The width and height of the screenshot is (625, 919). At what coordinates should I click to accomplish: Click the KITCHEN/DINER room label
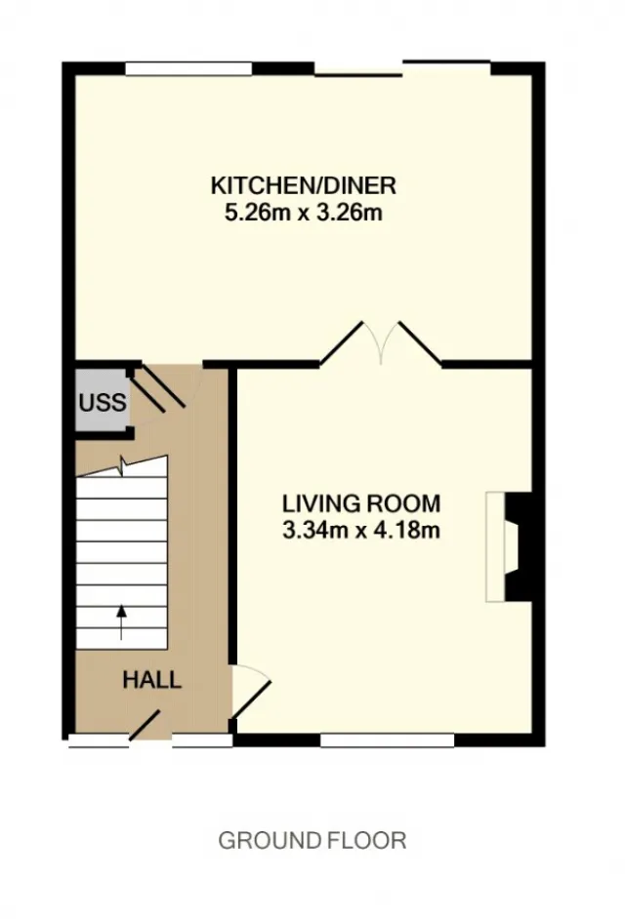click(304, 185)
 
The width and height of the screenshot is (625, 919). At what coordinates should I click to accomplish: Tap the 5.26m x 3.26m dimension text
click(304, 212)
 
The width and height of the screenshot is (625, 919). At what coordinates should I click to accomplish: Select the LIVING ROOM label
click(361, 503)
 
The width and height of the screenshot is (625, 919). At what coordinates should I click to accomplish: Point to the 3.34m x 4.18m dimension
click(361, 531)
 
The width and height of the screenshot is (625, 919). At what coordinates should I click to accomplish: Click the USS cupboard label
click(103, 403)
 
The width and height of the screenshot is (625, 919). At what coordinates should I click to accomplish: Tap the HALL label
click(152, 680)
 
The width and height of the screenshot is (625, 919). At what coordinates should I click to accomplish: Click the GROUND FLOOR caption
click(312, 840)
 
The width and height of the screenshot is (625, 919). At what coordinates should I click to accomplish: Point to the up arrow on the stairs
click(121, 622)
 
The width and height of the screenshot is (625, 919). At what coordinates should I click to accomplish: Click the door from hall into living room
click(252, 692)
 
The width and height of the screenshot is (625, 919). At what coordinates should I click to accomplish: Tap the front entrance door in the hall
click(145, 726)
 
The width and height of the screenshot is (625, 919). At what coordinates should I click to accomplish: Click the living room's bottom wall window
click(388, 740)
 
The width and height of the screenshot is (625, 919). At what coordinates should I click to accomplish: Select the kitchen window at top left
click(188, 68)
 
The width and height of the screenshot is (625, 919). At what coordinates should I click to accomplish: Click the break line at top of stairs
click(122, 466)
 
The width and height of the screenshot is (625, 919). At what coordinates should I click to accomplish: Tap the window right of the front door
click(202, 740)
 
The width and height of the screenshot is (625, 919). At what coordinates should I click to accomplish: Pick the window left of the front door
click(98, 740)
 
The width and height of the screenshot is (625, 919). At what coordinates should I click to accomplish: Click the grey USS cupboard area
click(103, 402)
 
